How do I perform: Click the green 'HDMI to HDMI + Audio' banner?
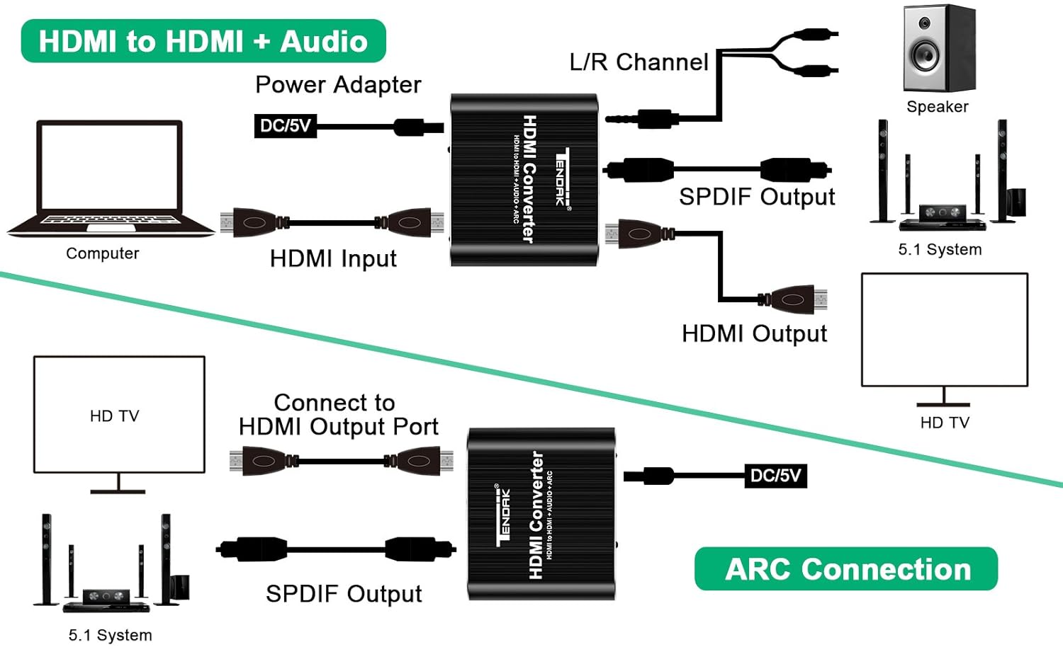click(203, 41)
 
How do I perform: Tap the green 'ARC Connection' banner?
click(846, 569)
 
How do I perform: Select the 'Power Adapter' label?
click(338, 85)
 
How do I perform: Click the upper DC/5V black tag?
click(285, 126)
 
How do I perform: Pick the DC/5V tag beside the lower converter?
click(775, 476)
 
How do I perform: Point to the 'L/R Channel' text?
click(639, 62)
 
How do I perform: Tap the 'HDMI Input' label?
click(333, 259)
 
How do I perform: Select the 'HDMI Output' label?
click(754, 333)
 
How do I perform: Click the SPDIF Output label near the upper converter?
click(757, 197)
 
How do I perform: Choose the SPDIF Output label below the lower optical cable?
click(344, 594)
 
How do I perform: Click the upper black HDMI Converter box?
click(524, 180)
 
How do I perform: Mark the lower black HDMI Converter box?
click(541, 515)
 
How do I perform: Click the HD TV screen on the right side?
click(944, 330)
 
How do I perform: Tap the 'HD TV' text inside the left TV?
click(115, 416)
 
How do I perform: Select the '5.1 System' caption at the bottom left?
click(110, 636)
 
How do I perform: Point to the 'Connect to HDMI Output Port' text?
click(338, 415)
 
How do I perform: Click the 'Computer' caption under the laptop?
click(102, 253)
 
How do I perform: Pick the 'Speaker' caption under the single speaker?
click(937, 107)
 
